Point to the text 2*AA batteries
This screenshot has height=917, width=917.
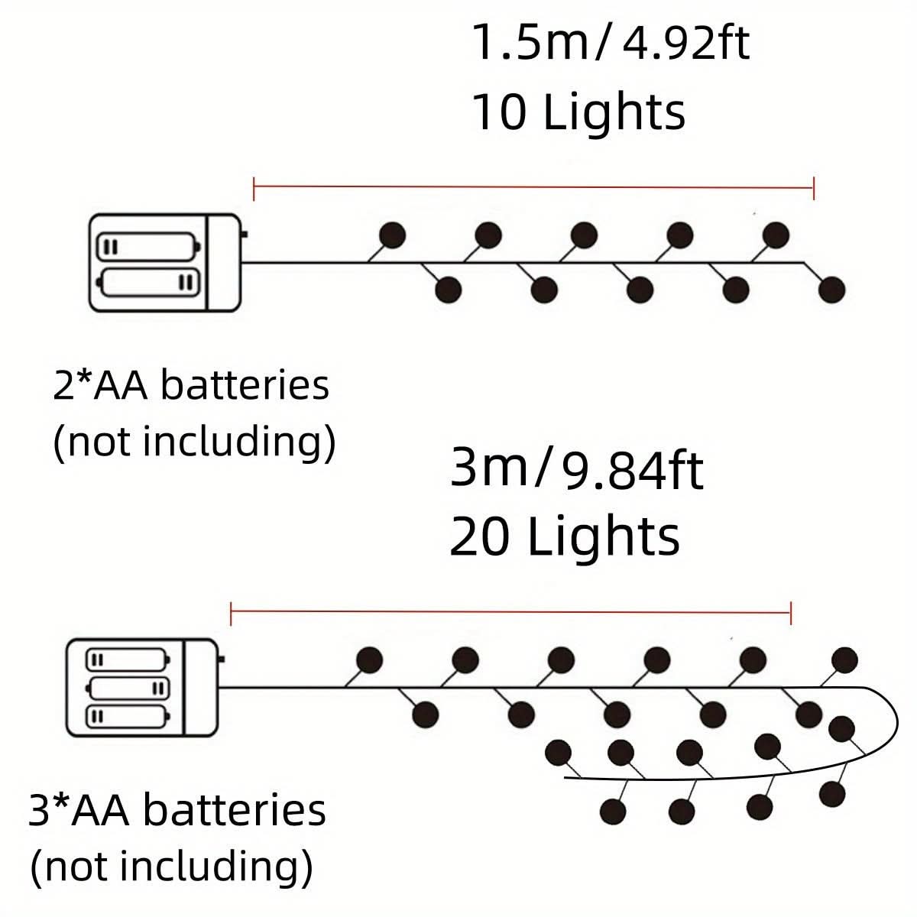(x=191, y=386)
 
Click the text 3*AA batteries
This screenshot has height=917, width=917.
(x=177, y=810)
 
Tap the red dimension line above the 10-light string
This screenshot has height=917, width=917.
(x=533, y=186)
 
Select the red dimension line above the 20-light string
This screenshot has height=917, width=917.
(x=510, y=612)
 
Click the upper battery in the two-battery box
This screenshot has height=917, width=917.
(x=148, y=248)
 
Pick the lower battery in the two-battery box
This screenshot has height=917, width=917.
(x=150, y=284)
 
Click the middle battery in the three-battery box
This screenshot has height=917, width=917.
(x=128, y=688)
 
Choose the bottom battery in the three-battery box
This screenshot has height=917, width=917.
(x=128, y=717)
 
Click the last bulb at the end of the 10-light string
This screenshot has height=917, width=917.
(x=831, y=290)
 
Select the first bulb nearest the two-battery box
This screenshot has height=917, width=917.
(x=392, y=235)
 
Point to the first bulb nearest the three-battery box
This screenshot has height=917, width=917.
(x=370, y=659)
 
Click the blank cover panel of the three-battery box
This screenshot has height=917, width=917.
(x=202, y=688)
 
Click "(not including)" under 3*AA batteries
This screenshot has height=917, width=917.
(x=171, y=867)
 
